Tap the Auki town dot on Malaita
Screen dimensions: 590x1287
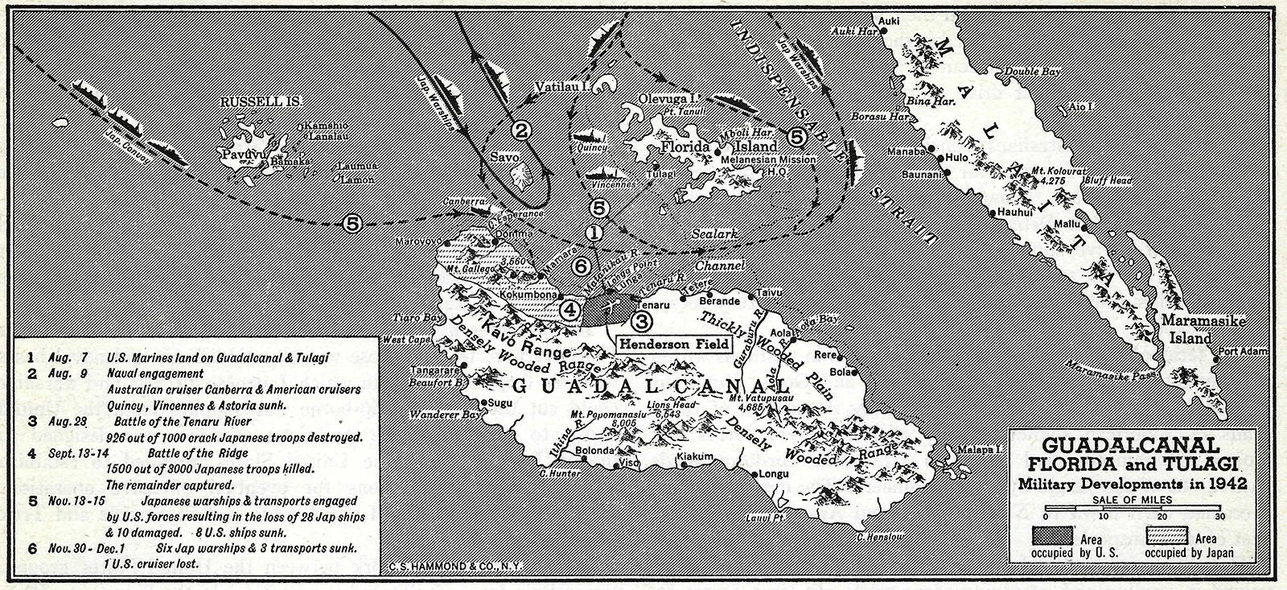pyautogui.click(x=884, y=30)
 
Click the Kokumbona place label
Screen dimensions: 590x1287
pyautogui.click(x=528, y=295)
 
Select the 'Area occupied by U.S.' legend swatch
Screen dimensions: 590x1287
pyautogui.click(x=1060, y=537)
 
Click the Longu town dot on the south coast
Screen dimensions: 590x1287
pyautogui.click(x=755, y=473)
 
